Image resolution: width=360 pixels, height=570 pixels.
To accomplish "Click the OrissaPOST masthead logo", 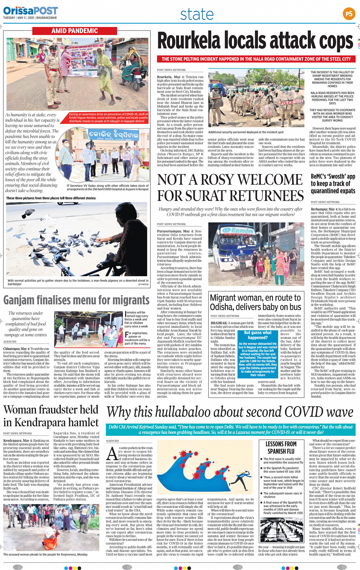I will pos(30,11).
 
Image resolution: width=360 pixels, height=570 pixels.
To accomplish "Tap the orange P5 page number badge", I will pos(349,14).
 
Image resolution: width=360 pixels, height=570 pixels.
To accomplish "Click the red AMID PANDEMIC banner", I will pos(75,31).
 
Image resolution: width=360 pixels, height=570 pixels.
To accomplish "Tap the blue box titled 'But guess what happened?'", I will pos(258,353).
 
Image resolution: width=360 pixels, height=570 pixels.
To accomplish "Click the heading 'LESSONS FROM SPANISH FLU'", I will pos(281,448).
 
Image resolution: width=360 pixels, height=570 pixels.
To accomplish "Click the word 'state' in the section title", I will pos(197,14).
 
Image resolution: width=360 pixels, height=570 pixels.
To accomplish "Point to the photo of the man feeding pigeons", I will pos(77,239).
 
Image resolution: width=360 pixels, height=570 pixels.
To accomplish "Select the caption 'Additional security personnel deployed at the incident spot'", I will pos(246,132).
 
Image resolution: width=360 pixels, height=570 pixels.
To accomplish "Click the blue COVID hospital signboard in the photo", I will pos(109,136).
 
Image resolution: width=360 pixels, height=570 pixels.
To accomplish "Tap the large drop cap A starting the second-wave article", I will pos(112,453).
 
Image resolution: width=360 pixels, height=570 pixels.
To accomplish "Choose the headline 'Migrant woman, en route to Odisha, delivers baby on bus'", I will pos(255,302).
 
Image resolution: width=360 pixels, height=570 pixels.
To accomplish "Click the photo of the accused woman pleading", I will pos(51,528).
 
